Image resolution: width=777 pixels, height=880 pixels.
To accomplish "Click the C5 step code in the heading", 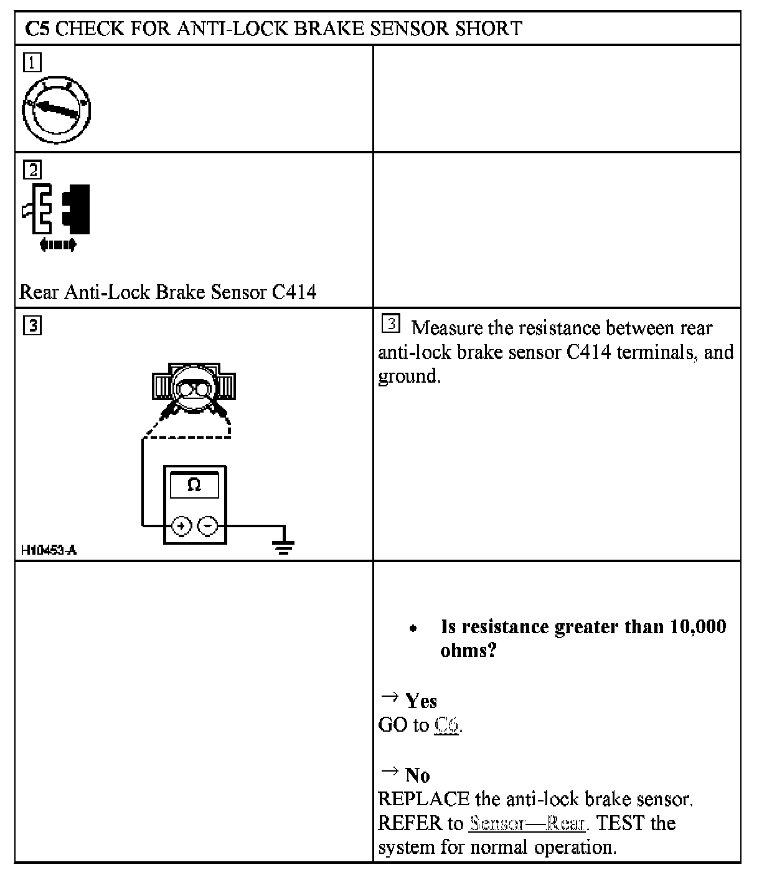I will click(x=37, y=29).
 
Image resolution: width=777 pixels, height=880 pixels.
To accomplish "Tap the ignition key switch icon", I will click(x=57, y=109).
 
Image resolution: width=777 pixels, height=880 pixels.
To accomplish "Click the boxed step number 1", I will click(x=32, y=62).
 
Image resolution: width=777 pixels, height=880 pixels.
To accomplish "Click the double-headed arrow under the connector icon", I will click(x=57, y=245).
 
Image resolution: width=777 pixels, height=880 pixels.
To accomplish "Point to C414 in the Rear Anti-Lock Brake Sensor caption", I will click(x=294, y=292).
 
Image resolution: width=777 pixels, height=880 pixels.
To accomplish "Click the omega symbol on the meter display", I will click(x=194, y=485).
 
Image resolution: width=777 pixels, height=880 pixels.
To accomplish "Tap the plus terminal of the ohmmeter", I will click(x=181, y=526).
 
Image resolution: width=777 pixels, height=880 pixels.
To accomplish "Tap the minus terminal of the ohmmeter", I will click(x=208, y=526).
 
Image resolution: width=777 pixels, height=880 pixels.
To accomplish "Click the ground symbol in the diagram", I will click(x=284, y=545).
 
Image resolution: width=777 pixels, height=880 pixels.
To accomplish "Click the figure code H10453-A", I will click(x=49, y=550).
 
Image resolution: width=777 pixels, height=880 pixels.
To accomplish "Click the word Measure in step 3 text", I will click(x=447, y=328).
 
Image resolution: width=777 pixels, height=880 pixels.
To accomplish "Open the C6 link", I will click(x=446, y=725).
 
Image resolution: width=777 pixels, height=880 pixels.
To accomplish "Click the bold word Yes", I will click(x=421, y=701).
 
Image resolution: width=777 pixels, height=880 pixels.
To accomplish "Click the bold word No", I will click(x=417, y=775).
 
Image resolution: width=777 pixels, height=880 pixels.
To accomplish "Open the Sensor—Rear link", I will click(x=527, y=823).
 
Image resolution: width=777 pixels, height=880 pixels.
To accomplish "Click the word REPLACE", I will click(x=423, y=799).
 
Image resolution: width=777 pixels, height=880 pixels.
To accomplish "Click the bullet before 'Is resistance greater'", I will click(x=413, y=628).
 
